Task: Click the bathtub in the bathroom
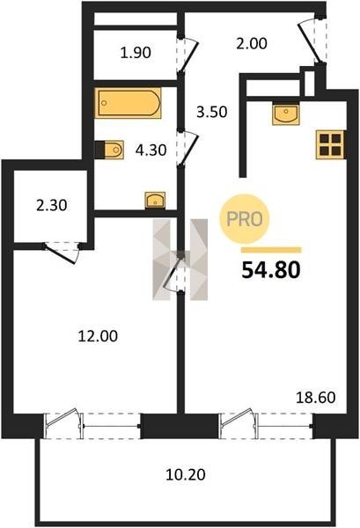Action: (128, 103)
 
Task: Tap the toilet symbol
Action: (109, 150)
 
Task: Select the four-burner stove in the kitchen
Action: (330, 145)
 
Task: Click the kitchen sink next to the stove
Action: (286, 114)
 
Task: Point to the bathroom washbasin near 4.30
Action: (155, 200)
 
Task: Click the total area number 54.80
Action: (271, 270)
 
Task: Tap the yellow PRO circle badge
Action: (245, 219)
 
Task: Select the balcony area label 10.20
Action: (186, 475)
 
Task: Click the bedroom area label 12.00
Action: (98, 336)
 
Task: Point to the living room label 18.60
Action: (315, 398)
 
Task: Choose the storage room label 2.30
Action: (52, 205)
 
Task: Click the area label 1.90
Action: (136, 53)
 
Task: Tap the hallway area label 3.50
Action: (212, 112)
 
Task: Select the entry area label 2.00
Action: (252, 43)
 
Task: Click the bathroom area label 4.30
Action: (151, 150)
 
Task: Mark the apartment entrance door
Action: (313, 40)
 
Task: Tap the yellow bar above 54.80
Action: (271, 250)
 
